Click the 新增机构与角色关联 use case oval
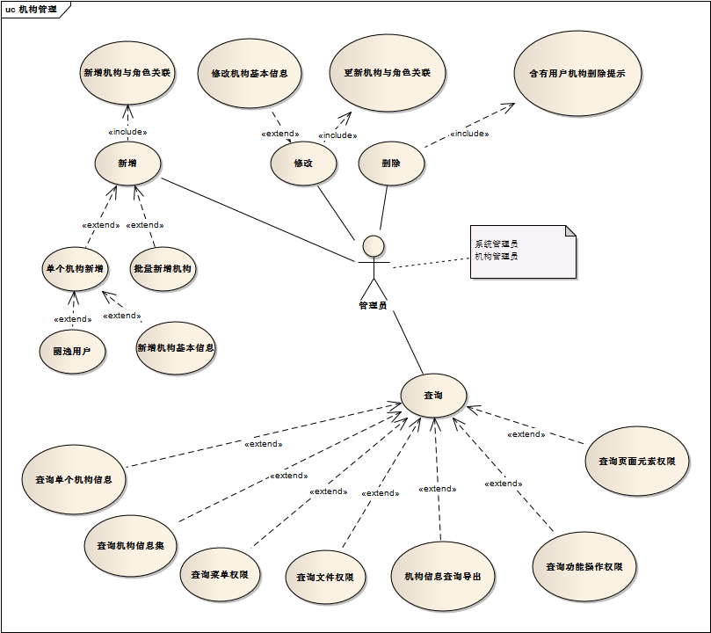[127, 74]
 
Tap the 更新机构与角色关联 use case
[387, 72]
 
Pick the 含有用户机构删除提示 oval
[578, 74]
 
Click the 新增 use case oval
[127, 163]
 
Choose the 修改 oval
[303, 164]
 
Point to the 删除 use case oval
[392, 164]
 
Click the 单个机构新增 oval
[74, 268]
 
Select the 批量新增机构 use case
[163, 268]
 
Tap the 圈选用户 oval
[73, 351]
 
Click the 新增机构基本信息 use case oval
[176, 348]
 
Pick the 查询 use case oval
[433, 396]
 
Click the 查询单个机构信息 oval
[74, 480]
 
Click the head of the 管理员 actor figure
[374, 245]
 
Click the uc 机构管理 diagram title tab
[32, 9]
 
